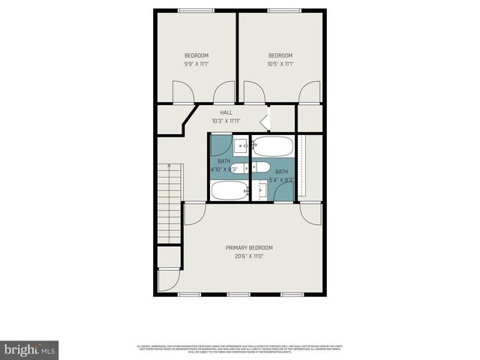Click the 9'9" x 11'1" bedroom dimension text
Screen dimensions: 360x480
[196, 64]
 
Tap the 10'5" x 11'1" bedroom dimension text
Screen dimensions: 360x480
[280, 64]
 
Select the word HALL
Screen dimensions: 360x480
[226, 112]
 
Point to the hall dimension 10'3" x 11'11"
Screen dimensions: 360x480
[226, 121]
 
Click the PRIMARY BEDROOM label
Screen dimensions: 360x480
[249, 247]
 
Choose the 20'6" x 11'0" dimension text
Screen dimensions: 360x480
[249, 256]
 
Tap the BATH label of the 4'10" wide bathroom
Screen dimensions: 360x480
[224, 161]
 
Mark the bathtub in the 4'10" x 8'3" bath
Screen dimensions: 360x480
[229, 190]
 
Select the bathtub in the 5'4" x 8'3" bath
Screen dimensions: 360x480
[271, 146]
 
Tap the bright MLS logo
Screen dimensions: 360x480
[30, 349]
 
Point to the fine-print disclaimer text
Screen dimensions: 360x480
[240, 349]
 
